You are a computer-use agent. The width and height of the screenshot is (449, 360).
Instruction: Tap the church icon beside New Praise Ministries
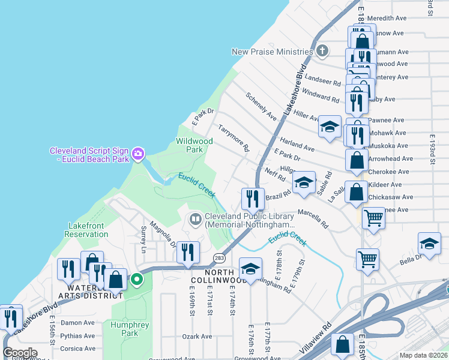pos(322,50)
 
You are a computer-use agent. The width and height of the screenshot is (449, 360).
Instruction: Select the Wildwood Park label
pos(194,145)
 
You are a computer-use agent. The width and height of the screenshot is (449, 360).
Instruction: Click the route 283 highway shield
pos(218,257)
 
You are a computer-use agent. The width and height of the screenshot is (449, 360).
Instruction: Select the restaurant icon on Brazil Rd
pos(253,199)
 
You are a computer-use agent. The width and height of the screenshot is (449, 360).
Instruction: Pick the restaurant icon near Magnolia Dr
pos(188,253)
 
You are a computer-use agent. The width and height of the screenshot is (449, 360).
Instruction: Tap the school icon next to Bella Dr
pos(429,243)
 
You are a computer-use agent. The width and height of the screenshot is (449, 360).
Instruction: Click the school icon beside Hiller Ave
pos(330,127)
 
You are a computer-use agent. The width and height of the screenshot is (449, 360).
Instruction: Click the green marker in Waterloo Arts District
pos(137,279)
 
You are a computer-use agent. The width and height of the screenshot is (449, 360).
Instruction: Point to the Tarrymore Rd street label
pos(234,138)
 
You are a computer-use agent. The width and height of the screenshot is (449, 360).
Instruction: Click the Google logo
pos(20,353)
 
